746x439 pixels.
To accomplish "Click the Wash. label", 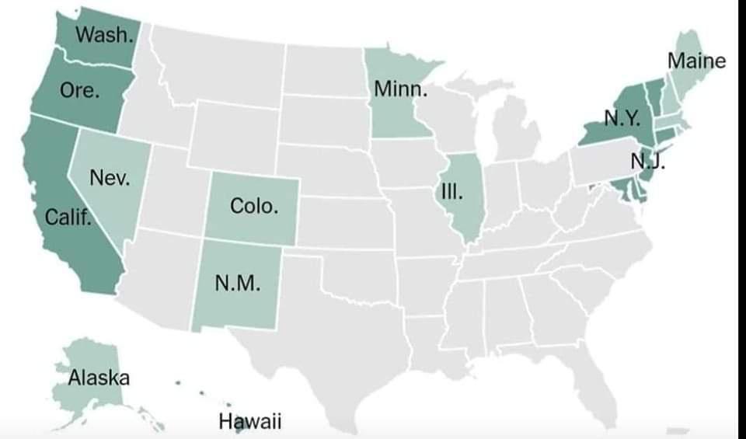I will coord(103,35).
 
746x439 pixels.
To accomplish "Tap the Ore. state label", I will coord(79,90).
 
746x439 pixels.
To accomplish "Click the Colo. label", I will coord(253,207).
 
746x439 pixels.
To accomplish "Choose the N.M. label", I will coord(236,282).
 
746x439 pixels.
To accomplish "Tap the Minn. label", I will coord(400,89).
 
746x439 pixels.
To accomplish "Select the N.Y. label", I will coord(622,119).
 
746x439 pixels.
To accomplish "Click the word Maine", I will coord(696,61).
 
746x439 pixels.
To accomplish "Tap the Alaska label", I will coord(99,378).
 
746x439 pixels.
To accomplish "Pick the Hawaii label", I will coord(249,422).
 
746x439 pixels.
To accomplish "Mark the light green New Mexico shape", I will coord(237,303).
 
